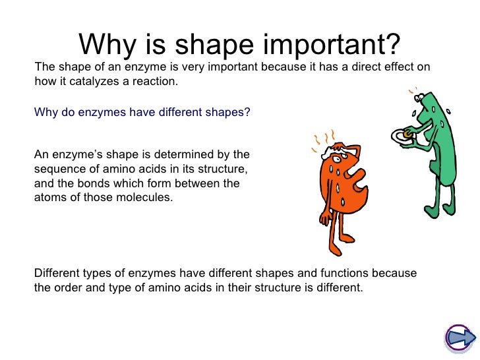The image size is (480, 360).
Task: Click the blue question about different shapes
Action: [x=142, y=112]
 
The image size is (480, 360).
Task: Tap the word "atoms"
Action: [x=49, y=197]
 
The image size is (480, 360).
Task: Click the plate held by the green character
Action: [x=404, y=136]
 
